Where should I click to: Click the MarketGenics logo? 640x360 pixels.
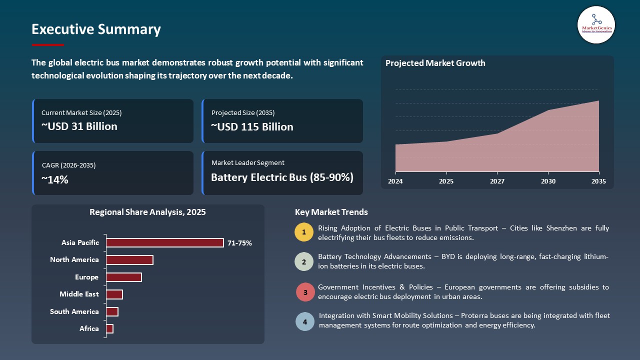596,24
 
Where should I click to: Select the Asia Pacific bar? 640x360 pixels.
165,243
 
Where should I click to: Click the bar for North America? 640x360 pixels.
129,260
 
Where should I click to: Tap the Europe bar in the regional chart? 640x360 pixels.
124,277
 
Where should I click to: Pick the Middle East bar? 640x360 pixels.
114,294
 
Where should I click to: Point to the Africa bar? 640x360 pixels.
110,328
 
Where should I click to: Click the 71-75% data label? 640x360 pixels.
239,243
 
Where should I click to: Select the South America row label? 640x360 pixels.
74,311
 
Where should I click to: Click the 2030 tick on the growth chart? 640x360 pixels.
548,181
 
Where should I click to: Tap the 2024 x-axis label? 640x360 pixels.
395,181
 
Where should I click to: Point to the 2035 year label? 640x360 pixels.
598,181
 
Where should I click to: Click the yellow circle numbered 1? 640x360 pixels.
304,232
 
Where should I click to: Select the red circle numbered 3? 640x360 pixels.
305,292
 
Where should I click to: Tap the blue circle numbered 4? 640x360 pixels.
305,321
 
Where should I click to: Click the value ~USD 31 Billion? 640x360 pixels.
79,126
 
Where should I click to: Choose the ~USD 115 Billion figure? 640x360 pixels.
252,127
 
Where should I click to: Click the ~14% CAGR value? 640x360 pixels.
54,180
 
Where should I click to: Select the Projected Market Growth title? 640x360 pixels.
435,63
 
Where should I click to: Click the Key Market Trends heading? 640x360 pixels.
331,212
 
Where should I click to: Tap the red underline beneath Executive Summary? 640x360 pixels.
48,45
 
